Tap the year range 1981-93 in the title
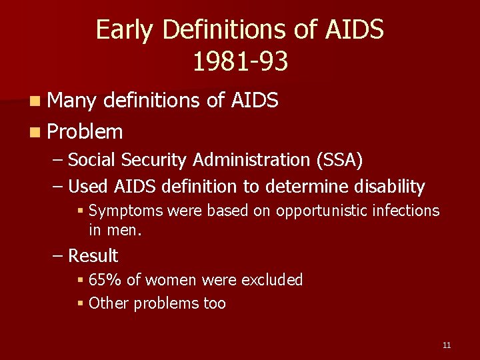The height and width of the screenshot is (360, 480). (x=240, y=61)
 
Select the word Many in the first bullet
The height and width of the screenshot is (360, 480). (x=72, y=101)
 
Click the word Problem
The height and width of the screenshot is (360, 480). (x=85, y=131)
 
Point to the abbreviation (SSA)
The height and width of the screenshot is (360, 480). (x=343, y=160)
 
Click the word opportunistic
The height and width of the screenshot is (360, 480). (x=319, y=211)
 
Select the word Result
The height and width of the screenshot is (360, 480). (x=93, y=256)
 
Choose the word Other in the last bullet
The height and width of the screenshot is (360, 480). (x=109, y=303)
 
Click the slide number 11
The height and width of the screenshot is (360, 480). (x=446, y=345)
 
